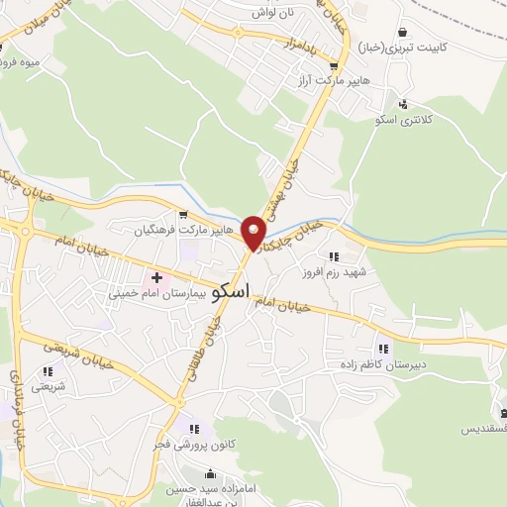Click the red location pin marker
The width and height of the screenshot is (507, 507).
pos(255,232)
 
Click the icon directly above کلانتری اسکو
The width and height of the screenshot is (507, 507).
pos(403,103)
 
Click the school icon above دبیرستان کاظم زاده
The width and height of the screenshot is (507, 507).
pos(382,348)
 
